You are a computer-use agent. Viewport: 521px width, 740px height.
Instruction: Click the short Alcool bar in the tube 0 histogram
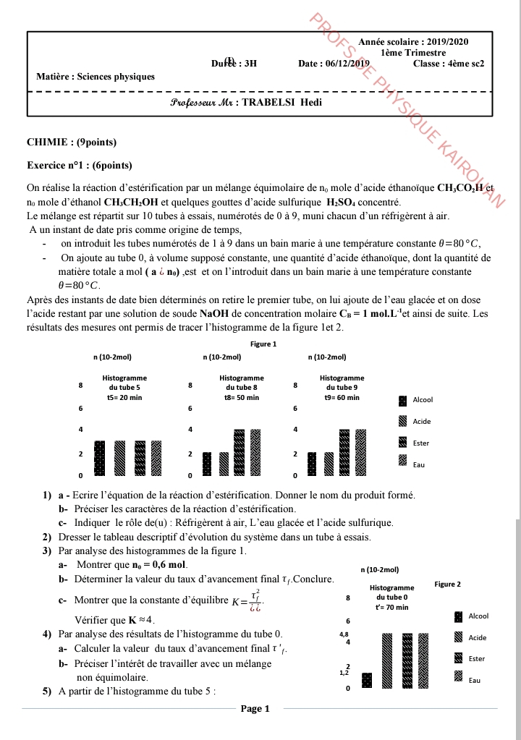[x=367, y=681]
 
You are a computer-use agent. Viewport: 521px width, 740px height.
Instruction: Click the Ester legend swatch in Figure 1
[x=403, y=443]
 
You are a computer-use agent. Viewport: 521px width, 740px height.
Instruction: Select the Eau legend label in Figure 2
[x=475, y=681]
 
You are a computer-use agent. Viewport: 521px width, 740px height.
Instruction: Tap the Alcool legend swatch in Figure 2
[x=458, y=616]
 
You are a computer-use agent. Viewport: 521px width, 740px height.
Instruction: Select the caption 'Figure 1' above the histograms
[x=263, y=344]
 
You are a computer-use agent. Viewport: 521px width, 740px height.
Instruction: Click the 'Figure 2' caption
[x=447, y=584]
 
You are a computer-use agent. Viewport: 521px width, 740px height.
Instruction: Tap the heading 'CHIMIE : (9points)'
[x=72, y=142]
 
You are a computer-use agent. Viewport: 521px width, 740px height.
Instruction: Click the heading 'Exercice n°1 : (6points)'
[x=80, y=166]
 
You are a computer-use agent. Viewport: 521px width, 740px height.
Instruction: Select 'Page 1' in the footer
[x=255, y=709]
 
